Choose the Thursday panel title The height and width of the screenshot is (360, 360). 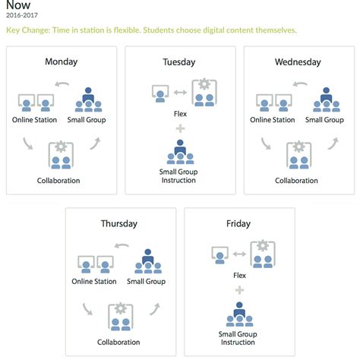click(119, 223)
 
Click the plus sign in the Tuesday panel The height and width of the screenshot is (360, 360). click(179, 129)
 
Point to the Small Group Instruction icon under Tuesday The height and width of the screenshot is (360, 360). click(179, 153)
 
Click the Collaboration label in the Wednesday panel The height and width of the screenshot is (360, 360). click(296, 181)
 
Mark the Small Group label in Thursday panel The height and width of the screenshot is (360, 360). click(145, 281)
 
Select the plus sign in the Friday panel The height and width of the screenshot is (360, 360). click(240, 289)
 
